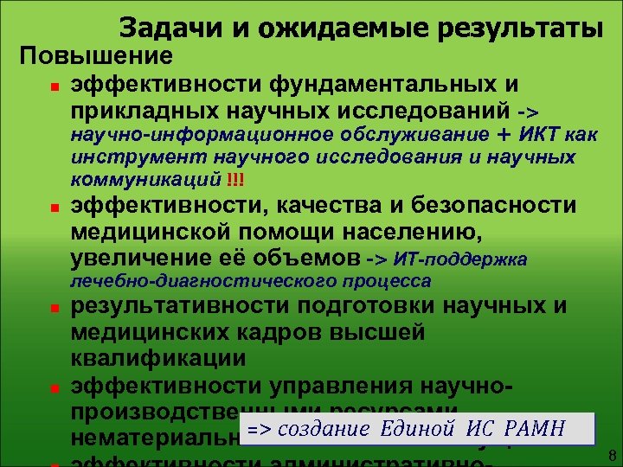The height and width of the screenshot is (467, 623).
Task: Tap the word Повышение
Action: (96, 57)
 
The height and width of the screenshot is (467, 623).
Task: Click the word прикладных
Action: (145, 112)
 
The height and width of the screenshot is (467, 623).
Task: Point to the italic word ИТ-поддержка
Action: (459, 259)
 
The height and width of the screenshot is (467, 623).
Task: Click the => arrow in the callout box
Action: (257, 428)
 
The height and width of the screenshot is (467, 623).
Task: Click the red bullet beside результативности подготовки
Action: (53, 308)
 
